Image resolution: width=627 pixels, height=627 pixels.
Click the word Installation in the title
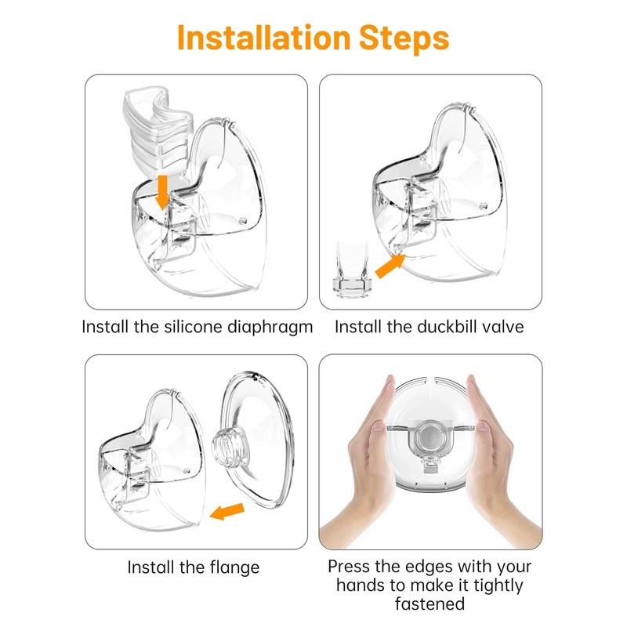coord(264,38)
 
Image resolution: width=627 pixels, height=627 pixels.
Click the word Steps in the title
coord(404,38)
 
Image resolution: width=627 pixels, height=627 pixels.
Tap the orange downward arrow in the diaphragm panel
coord(162,192)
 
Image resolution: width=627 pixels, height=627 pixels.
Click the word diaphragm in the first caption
coord(270,328)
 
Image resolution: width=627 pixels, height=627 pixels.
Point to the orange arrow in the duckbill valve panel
coord(390,266)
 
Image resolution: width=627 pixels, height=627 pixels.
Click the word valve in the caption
coord(503,327)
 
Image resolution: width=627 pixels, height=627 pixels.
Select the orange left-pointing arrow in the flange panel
coord(227,512)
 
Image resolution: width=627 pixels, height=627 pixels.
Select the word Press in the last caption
coord(349,567)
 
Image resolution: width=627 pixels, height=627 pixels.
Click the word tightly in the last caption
coord(498,586)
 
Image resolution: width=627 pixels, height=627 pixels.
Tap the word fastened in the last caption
coord(429,603)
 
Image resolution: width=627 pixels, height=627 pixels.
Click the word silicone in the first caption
coord(193,327)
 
